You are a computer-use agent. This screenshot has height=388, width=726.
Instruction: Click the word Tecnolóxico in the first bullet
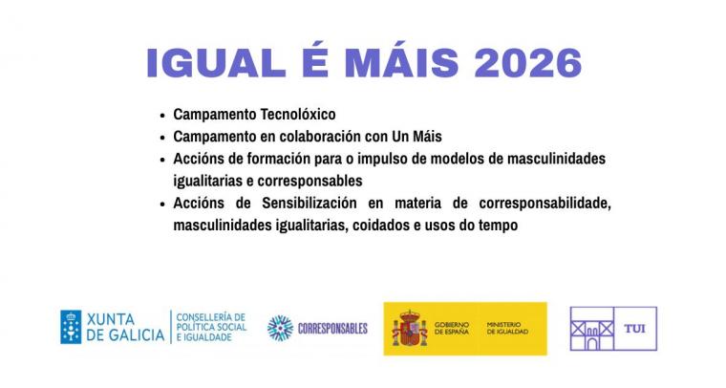pos(298,114)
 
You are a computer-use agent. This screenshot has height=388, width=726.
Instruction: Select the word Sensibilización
pos(310,203)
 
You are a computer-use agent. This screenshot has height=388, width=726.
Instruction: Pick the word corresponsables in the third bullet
pos(310,182)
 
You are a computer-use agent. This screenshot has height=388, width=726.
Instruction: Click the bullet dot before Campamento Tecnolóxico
pos(162,116)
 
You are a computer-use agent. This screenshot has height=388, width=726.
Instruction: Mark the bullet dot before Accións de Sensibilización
pos(162,205)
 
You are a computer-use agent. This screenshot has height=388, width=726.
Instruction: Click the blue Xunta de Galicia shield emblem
pos(71,327)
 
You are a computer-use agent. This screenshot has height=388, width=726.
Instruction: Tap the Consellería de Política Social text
pos(211,327)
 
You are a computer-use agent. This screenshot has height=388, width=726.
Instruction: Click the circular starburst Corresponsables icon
pos(280,329)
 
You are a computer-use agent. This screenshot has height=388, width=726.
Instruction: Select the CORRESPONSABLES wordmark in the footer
pos(332,329)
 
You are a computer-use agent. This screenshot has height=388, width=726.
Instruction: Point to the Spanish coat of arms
pos(410,329)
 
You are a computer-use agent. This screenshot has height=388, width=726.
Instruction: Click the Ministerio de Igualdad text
pos(507,329)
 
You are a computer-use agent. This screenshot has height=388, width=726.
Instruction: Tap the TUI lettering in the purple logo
pos(635,329)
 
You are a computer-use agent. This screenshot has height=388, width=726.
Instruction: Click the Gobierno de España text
pos(452,329)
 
